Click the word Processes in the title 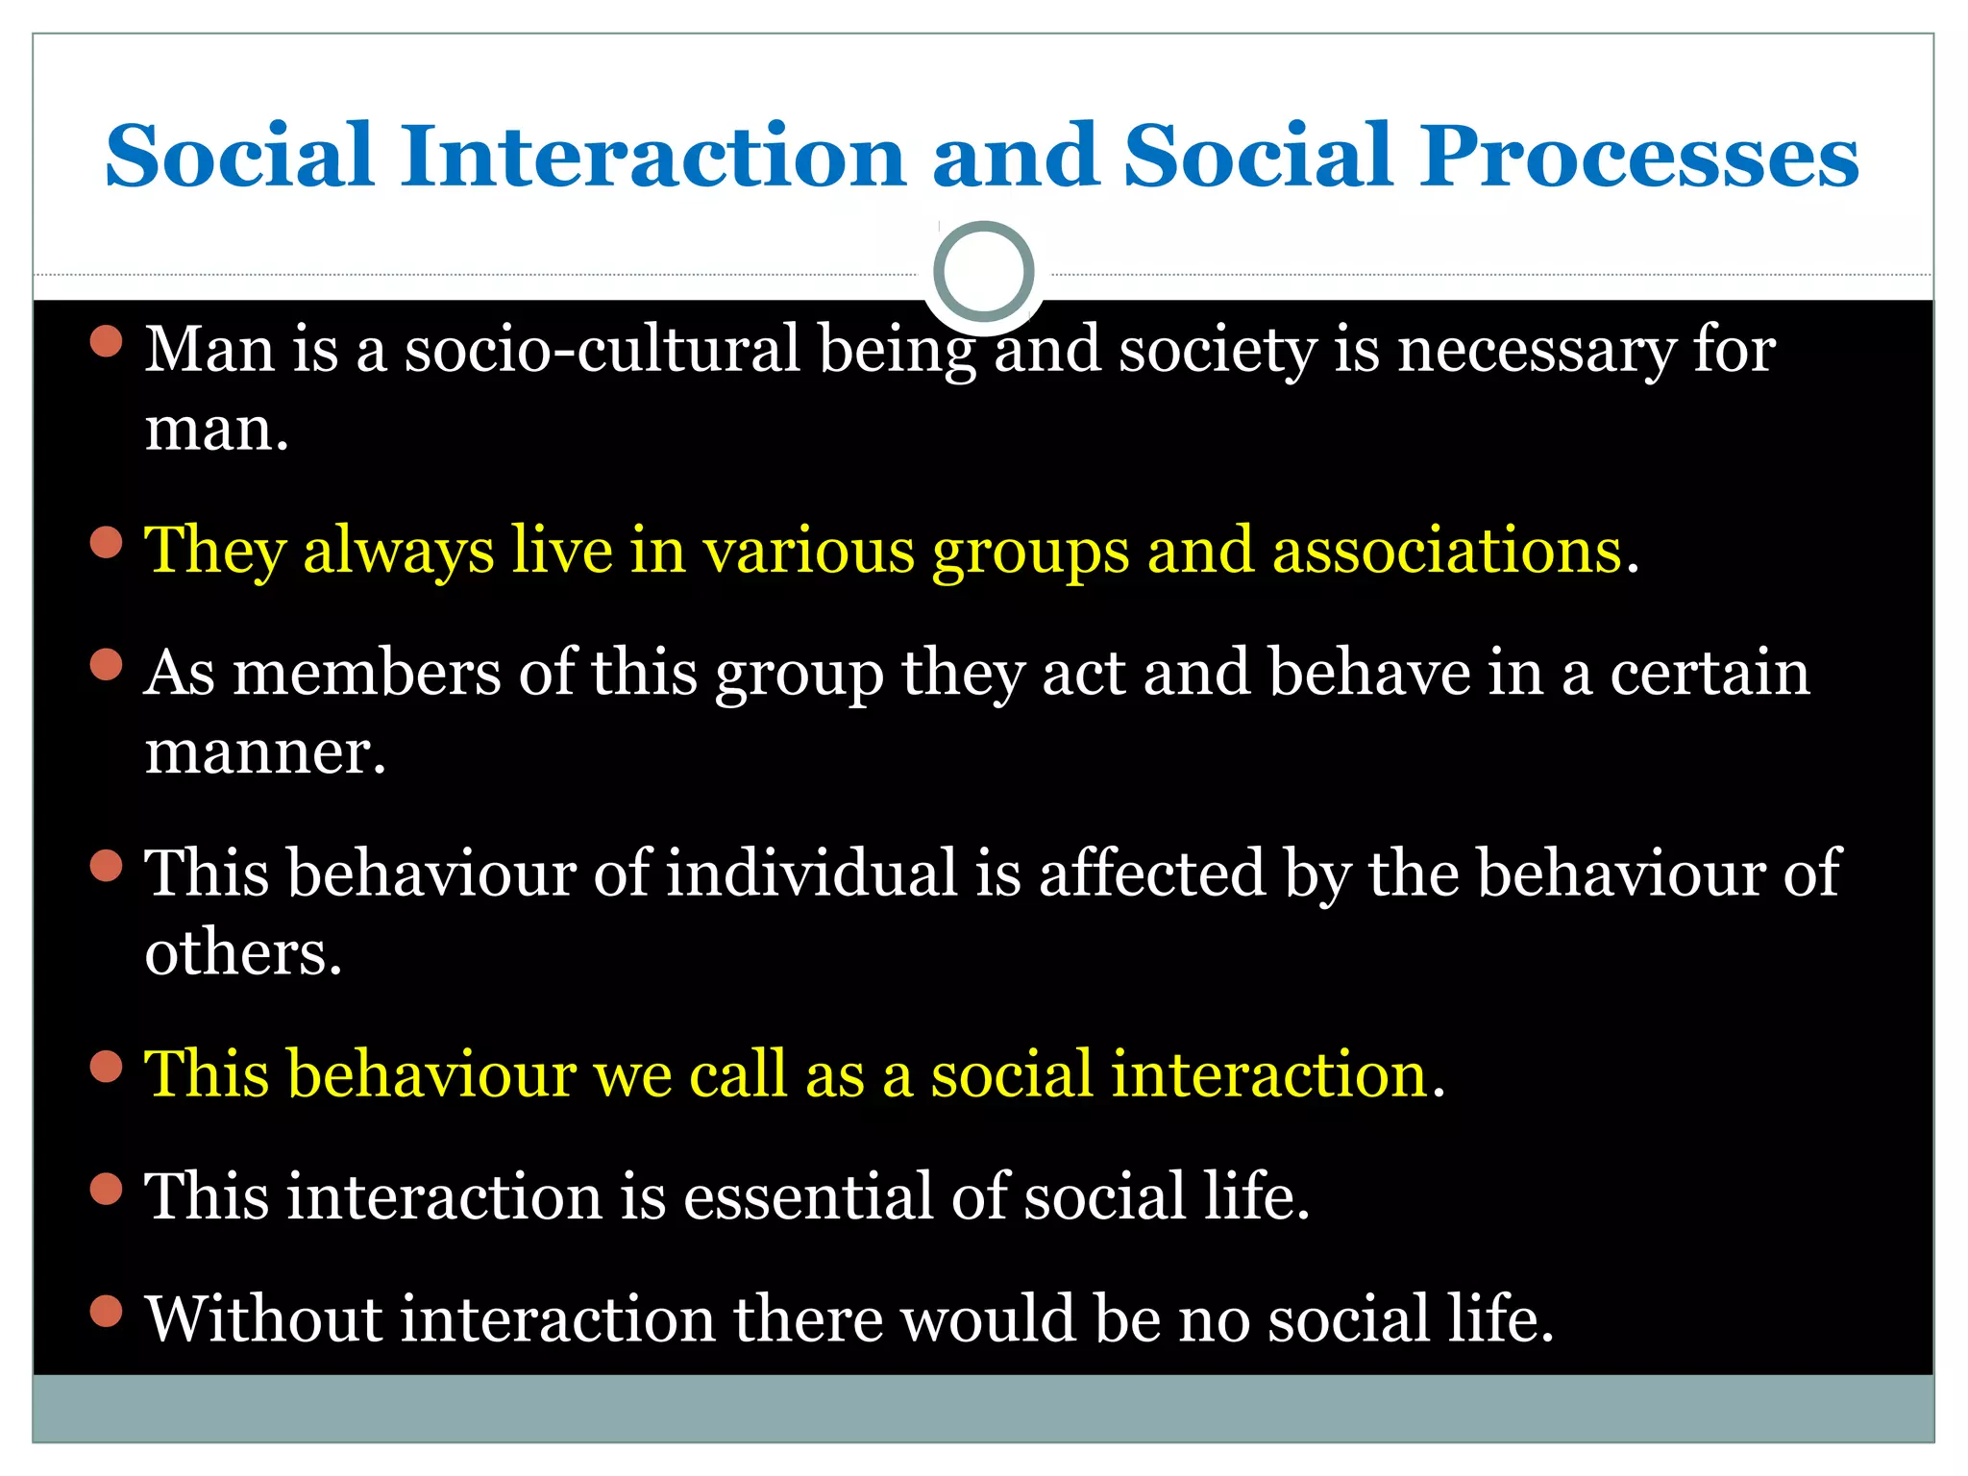point(1639,156)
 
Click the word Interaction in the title point(653,156)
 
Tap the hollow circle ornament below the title point(983,271)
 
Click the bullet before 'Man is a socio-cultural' point(107,341)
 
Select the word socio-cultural point(602,350)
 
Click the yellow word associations point(1447,552)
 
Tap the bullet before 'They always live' point(107,543)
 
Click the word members point(367,673)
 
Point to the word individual point(812,873)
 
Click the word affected point(1152,873)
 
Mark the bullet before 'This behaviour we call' point(107,1066)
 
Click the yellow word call point(739,1074)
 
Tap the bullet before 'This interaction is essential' point(107,1189)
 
